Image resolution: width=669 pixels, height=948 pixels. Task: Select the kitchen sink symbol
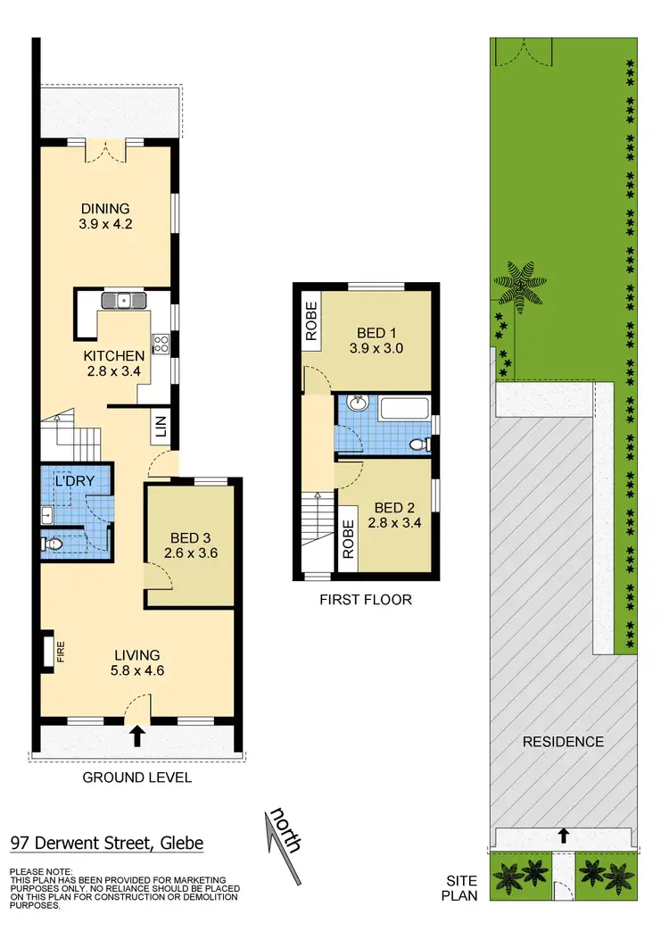[x=125, y=300]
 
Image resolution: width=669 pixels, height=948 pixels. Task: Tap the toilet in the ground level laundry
[x=54, y=542]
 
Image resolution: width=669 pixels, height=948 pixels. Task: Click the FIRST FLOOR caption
[x=366, y=600]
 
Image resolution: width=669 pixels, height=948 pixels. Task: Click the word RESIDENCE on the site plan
[x=563, y=742]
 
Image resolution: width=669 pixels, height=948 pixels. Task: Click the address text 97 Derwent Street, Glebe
[x=107, y=843]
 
